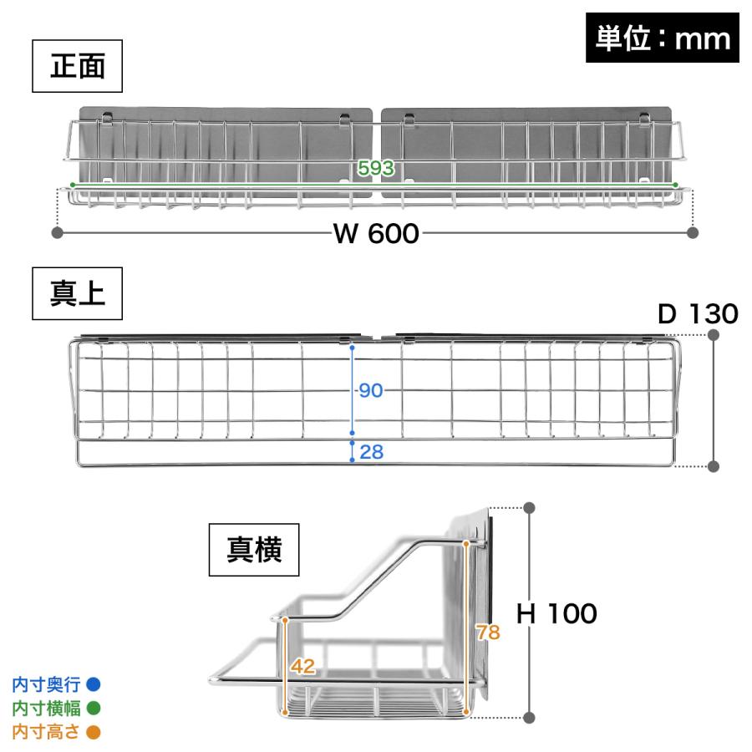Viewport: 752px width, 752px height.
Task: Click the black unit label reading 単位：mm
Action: (663, 38)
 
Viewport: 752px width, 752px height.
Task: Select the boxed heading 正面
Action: (77, 66)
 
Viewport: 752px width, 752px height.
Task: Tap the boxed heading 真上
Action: (77, 293)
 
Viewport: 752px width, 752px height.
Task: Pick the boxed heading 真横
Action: (254, 550)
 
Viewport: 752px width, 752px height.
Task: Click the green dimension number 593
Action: (376, 168)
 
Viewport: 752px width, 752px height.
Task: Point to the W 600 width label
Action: (377, 234)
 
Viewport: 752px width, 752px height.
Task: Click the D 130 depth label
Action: (698, 314)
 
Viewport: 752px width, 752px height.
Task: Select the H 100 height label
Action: (556, 613)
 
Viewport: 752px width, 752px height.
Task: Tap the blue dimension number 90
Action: (371, 390)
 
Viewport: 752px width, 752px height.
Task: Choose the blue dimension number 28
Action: (371, 452)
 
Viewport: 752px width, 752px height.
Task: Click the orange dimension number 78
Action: (488, 633)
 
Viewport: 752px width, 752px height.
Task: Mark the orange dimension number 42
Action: (303, 666)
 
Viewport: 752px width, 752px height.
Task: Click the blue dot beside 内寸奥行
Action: (94, 684)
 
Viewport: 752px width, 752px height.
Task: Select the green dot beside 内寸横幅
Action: (94, 708)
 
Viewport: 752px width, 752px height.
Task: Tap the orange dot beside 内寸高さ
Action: (94, 732)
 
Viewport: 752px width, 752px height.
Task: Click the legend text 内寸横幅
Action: (46, 708)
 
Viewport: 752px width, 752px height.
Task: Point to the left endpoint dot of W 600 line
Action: (57, 232)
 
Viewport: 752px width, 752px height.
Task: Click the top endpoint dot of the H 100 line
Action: (529, 508)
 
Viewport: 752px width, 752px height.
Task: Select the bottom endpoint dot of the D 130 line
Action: (714, 466)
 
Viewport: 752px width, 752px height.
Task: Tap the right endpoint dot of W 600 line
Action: (693, 232)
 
